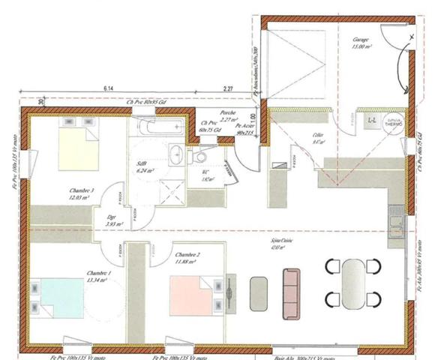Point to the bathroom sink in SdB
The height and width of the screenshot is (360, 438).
pos(175,156)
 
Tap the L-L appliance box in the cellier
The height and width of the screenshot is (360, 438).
pos(370,120)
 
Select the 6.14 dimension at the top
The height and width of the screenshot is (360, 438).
pos(109,88)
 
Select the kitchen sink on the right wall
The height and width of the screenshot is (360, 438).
pos(396,223)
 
